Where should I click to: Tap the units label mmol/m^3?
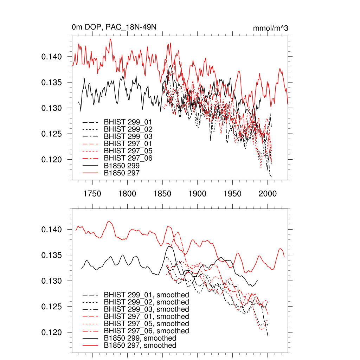pyautogui.click(x=270, y=28)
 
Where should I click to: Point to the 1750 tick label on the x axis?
pyautogui.click(x=92, y=194)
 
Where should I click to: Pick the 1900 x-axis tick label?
pyautogui.click(x=198, y=194)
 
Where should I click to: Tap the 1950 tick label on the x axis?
pyautogui.click(x=232, y=194)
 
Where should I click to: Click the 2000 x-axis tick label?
pyautogui.click(x=268, y=194)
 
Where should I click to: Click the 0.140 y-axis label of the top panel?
pyautogui.click(x=52, y=57)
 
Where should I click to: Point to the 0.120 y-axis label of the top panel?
pyautogui.click(x=52, y=160)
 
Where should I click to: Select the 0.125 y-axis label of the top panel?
pyautogui.click(x=52, y=134)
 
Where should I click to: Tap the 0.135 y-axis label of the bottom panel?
pyautogui.click(x=52, y=255)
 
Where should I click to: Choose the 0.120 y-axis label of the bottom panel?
pyautogui.click(x=52, y=333)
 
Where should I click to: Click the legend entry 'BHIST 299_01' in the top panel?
pyautogui.click(x=123, y=122)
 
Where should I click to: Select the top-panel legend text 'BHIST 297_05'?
pyautogui.click(x=123, y=151)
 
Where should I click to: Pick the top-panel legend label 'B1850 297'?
pyautogui.click(x=122, y=173)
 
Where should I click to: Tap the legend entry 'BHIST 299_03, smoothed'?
pyautogui.click(x=146, y=309)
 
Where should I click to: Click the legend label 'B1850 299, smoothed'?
pyautogui.click(x=140, y=338)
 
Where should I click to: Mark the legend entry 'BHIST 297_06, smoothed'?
pyautogui.click(x=146, y=331)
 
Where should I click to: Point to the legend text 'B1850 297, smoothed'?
pyautogui.click(x=140, y=346)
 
